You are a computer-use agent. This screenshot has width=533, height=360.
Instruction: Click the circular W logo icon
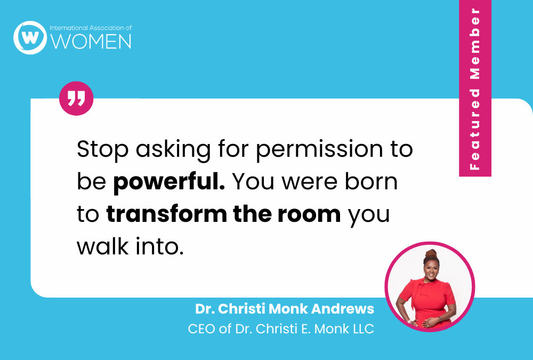click(x=30, y=37)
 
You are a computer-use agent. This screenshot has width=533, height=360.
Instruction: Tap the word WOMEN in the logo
click(x=91, y=42)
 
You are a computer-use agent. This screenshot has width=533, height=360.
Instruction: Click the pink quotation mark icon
click(x=76, y=98)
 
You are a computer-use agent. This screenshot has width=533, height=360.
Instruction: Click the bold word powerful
click(x=168, y=182)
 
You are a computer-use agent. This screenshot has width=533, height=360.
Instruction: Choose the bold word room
click(x=313, y=214)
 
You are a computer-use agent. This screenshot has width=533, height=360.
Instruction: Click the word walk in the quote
click(x=100, y=246)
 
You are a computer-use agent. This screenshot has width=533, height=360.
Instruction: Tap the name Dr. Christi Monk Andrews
click(x=285, y=309)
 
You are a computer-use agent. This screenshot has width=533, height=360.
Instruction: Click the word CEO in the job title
click(x=201, y=329)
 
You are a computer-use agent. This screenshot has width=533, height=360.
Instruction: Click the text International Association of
click(x=90, y=27)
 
